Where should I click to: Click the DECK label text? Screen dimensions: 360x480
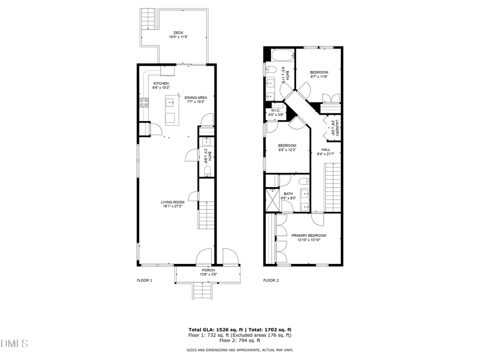(179, 33)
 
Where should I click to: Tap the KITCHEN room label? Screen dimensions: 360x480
(161, 84)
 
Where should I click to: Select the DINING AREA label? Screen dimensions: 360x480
(196, 98)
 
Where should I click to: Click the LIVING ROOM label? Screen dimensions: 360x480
(173, 202)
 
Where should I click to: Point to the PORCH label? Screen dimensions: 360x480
(208, 270)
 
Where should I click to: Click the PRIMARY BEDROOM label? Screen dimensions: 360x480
(308, 235)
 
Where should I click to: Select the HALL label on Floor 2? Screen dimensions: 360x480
(325, 149)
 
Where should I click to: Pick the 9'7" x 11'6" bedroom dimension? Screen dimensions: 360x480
(319, 77)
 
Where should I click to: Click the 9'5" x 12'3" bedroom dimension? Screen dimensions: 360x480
(287, 150)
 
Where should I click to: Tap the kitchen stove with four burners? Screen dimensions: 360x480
(143, 102)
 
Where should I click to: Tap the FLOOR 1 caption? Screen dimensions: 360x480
(145, 280)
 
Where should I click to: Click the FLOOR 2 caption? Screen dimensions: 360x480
(271, 280)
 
